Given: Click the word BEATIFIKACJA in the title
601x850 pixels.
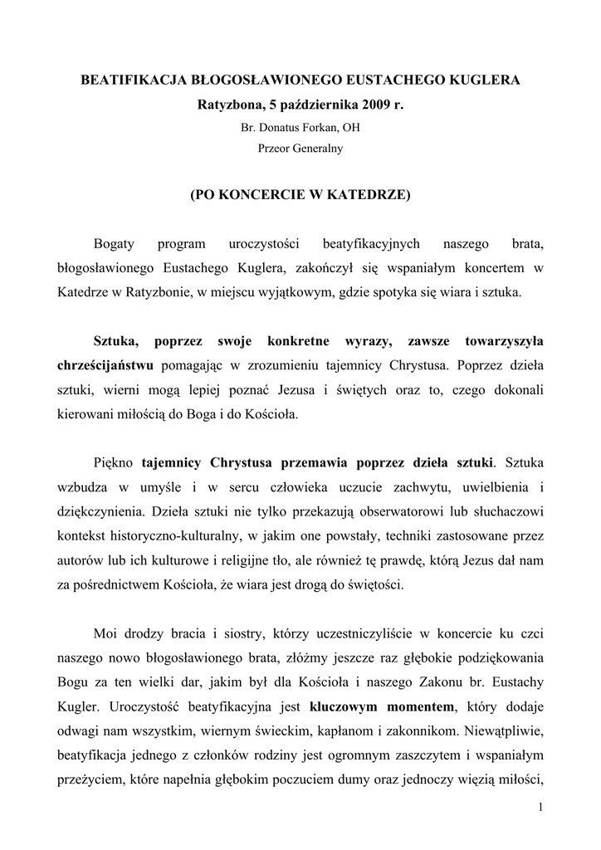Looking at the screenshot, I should [x=128, y=81].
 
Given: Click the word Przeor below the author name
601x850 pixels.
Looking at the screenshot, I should [x=275, y=149].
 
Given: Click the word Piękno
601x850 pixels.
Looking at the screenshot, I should [x=115, y=461].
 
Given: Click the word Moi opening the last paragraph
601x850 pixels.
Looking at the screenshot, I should [x=105, y=635].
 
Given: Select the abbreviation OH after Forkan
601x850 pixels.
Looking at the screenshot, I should [x=350, y=128].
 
